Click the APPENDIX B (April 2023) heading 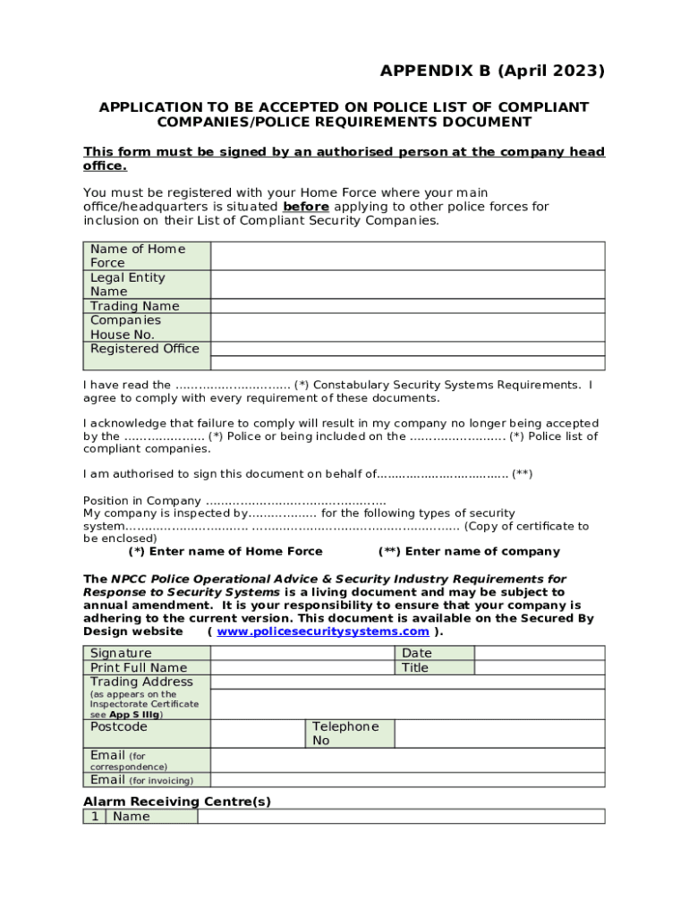pos(492,71)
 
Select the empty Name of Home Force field pos(407,256)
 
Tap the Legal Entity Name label pos(127,284)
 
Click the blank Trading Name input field pos(407,306)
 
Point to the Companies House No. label pos(125,327)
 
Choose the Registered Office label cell pos(145,349)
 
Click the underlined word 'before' pos(305,207)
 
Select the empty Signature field pos(302,653)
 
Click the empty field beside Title pos(539,667)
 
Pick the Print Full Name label pos(139,667)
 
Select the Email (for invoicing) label pos(141,780)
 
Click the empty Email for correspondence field pos(407,760)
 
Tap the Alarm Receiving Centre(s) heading pos(177,801)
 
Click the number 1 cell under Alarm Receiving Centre pos(94,817)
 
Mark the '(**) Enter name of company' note pos(469,551)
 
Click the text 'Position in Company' pos(142,500)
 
